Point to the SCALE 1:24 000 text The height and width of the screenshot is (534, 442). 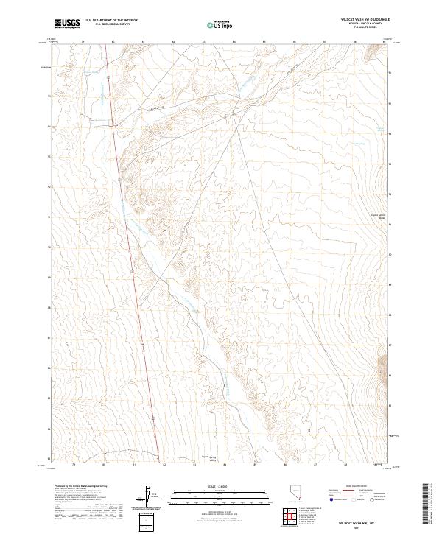click(214, 485)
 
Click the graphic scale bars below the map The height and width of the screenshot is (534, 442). click(214, 495)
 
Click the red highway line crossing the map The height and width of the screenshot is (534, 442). click(133, 273)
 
